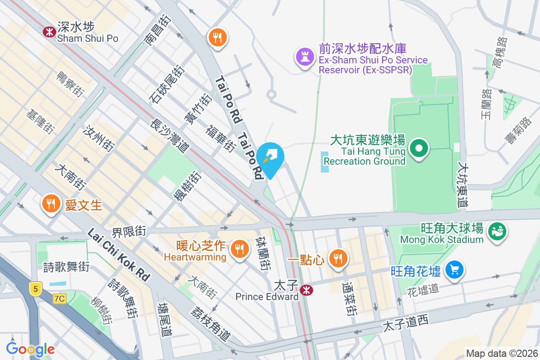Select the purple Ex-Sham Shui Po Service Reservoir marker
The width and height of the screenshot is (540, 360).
305,57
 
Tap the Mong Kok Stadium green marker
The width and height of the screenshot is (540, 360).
497,231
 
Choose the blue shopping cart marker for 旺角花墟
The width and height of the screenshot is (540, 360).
454,270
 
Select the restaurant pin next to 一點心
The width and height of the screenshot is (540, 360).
337,258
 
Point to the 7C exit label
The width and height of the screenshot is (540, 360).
59,298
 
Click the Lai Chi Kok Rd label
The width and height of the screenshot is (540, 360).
118,255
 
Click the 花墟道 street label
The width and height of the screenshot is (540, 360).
422,288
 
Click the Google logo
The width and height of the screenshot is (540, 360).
31,349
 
